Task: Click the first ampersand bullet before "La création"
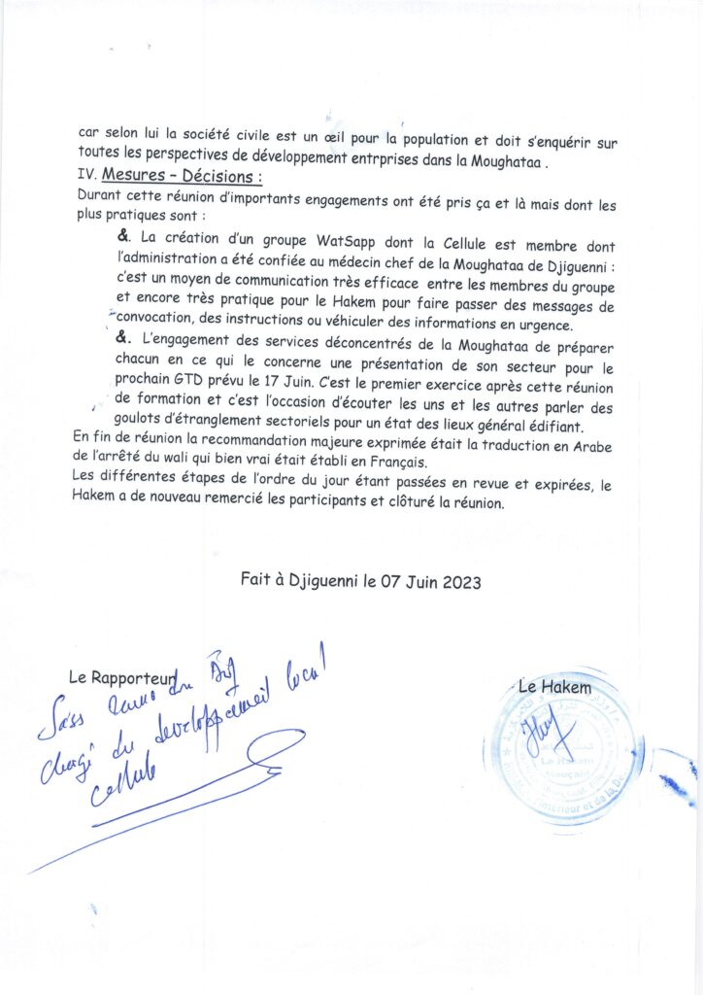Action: [123, 237]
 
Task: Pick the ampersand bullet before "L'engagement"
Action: [123, 337]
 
